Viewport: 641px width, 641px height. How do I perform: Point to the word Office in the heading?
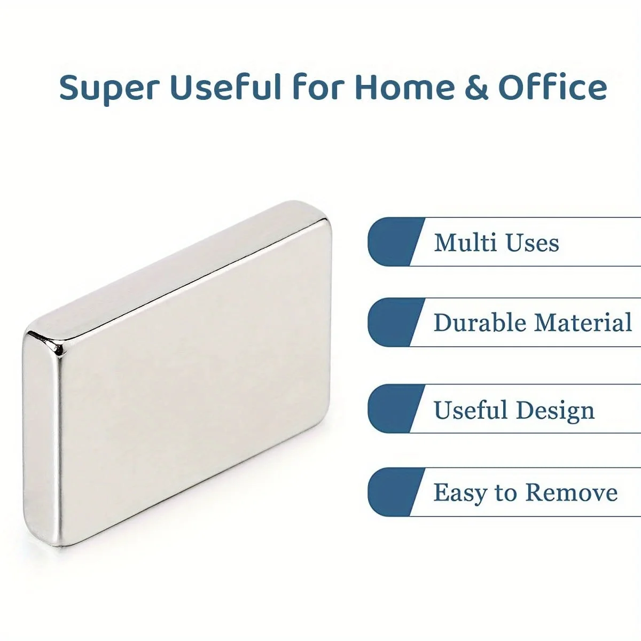tap(553, 87)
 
